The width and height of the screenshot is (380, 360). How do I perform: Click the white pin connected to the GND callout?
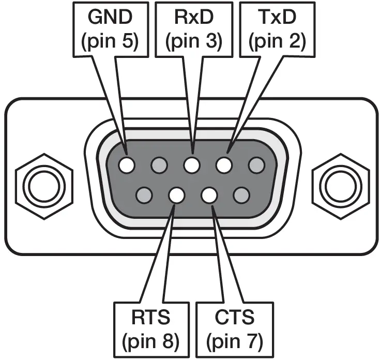pyautogui.click(x=127, y=166)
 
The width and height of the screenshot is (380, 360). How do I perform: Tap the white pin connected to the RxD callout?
pyautogui.click(x=192, y=166)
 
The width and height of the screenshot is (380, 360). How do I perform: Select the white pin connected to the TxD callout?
pyautogui.click(x=224, y=166)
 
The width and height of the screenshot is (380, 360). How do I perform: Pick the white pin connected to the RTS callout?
pyautogui.click(x=176, y=196)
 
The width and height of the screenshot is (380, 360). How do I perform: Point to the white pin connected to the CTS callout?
pyautogui.click(x=209, y=196)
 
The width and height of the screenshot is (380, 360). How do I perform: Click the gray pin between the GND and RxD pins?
pyautogui.click(x=159, y=166)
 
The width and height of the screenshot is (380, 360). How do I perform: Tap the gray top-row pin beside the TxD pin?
pyautogui.click(x=256, y=166)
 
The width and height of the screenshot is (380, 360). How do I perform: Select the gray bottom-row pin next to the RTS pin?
pyautogui.click(x=144, y=196)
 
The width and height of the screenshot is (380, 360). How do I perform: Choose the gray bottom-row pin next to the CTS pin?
pyautogui.click(x=241, y=196)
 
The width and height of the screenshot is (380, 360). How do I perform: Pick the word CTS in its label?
pyautogui.click(x=234, y=317)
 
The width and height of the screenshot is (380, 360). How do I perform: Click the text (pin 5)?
pyautogui.click(x=109, y=41)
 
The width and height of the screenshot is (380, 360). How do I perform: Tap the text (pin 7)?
pyautogui.click(x=234, y=340)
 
